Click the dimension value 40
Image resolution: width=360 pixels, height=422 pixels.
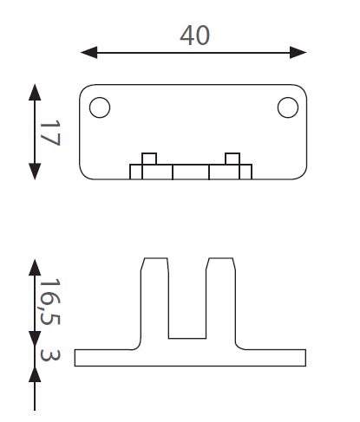click(194, 36)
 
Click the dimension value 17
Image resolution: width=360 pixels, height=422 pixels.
click(50, 133)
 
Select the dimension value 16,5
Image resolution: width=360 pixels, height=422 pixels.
click(50, 302)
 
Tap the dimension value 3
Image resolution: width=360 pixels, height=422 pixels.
click(50, 355)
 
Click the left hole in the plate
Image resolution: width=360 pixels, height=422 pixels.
click(100, 107)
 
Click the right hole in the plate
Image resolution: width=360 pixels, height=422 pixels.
click(288, 107)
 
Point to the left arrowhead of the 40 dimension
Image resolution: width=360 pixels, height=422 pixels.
click(89, 52)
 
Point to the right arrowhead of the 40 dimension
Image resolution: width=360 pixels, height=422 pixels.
click(298, 52)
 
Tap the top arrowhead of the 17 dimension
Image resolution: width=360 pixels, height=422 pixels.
click(35, 93)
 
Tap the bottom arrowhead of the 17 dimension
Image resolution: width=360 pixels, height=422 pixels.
click(35, 172)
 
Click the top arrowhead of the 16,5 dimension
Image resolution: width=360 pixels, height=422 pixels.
click(35, 268)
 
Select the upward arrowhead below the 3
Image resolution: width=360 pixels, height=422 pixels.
click(35, 375)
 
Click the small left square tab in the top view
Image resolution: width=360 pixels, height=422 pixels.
click(149, 159)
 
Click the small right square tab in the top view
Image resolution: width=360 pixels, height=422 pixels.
click(232, 159)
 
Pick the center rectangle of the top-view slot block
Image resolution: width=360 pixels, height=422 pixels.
click(191, 172)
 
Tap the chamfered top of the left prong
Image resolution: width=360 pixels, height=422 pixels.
click(155, 258)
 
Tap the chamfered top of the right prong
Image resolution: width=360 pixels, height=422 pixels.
click(220, 258)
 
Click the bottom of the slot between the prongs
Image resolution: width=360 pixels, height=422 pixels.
click(187, 338)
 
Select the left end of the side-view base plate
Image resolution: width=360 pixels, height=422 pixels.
click(75, 358)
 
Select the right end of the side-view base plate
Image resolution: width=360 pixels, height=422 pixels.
click(305, 358)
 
